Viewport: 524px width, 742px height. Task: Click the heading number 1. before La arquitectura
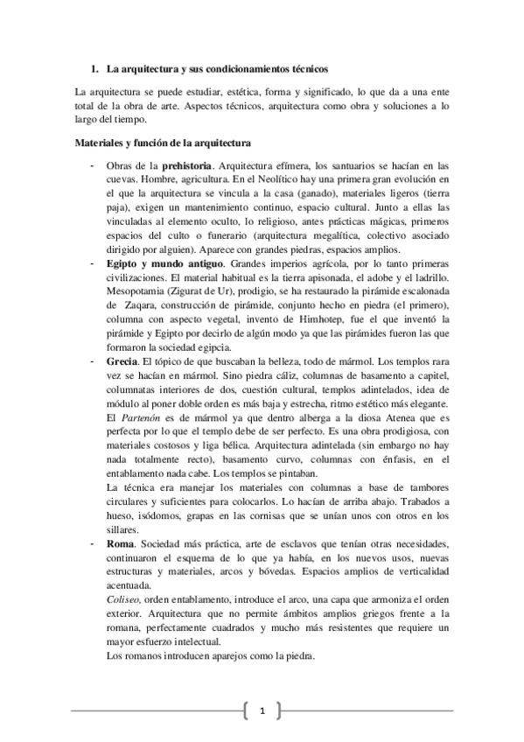pos(95,68)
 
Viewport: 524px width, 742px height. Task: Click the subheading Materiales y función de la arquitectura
pos(164,142)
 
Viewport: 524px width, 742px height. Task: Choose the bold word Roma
pos(119,544)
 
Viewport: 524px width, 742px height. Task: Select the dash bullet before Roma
pos(91,544)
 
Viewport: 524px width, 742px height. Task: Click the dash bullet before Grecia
pos(91,359)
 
